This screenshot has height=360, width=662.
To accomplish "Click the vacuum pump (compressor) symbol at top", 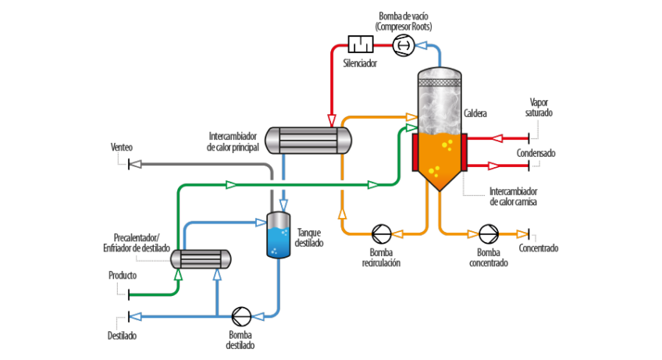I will coord(403,46).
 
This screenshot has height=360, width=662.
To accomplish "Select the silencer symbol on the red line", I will coord(360,45).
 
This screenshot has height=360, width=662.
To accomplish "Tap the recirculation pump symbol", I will coord(382,233).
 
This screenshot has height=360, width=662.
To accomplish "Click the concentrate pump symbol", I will coord(489,233).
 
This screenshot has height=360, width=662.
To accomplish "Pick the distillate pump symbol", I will coord(242,316).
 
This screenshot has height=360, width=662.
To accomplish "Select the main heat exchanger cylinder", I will coord(308,141).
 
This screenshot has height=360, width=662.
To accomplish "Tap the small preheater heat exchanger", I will coord(201,259).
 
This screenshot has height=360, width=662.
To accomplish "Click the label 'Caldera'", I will coord(475,114).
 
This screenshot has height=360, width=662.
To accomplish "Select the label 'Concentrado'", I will coord(539,248).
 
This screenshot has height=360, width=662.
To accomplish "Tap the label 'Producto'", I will coord(123,276).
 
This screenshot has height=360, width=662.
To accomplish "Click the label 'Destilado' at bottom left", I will coord(123,336).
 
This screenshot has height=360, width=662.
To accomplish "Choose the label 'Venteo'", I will coord(122,147).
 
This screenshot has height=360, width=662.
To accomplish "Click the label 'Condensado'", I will coord(536,153).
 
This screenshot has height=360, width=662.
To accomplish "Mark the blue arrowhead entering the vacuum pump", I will coord(422,46).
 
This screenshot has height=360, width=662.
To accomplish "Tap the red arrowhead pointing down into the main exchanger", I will coord(332,120).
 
